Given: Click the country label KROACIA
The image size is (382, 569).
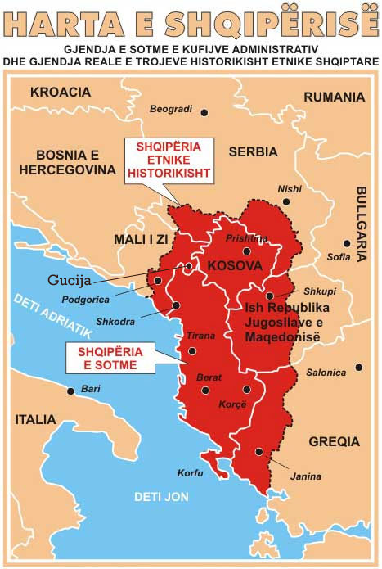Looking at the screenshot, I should [x=61, y=92].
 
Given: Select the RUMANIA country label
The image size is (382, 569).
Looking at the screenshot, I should [x=334, y=97].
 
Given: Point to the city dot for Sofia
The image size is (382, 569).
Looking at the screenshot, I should [x=347, y=243].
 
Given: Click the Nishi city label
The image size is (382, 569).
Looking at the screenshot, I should [x=290, y=188].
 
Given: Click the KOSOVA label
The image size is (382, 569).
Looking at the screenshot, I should [x=234, y=266].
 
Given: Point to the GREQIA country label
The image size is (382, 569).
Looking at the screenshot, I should [x=334, y=441].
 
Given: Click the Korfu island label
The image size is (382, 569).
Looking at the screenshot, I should [x=189, y=473].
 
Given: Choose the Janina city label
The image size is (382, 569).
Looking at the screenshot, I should [x=306, y=476].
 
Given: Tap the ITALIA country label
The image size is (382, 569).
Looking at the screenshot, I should [x=36, y=419].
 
